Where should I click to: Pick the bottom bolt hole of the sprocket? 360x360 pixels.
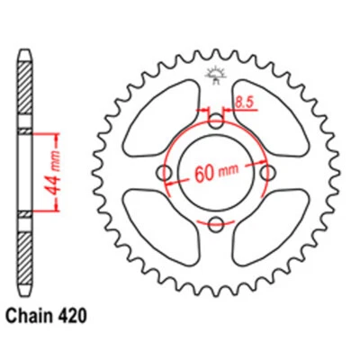[x=215, y=223]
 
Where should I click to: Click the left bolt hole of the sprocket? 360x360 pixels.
[x=165, y=173]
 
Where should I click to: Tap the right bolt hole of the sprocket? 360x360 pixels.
[x=265, y=173]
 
